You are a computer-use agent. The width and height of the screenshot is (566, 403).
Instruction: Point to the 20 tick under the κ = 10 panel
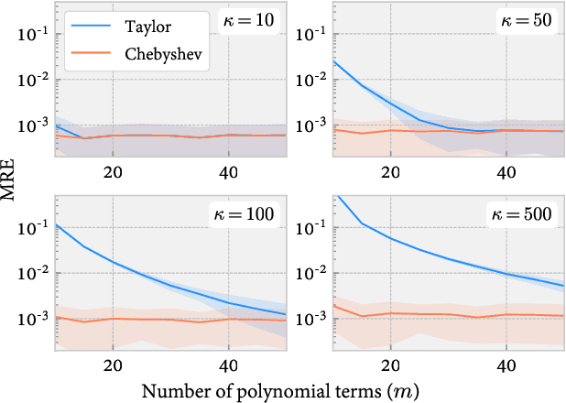tap(114, 171)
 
